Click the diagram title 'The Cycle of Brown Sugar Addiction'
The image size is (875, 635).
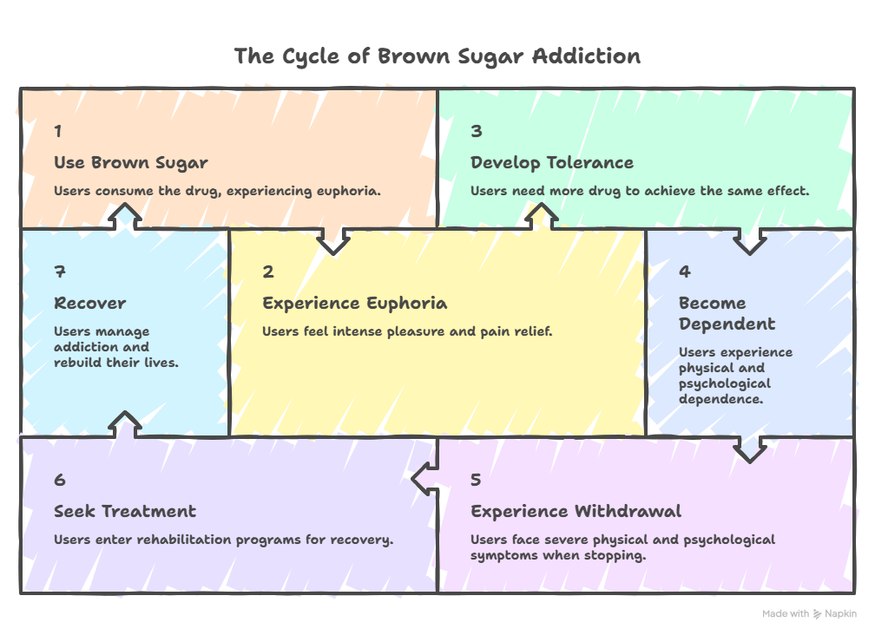[x=437, y=57]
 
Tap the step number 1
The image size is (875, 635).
[x=58, y=132]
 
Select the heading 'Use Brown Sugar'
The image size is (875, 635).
[x=131, y=163]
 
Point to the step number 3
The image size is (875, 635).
[x=476, y=132]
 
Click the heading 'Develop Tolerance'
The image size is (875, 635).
[x=552, y=163]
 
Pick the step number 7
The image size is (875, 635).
[x=59, y=272]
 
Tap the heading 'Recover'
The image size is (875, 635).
[x=90, y=304]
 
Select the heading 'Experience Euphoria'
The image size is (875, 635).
[x=355, y=304]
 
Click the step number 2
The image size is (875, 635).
[x=268, y=272]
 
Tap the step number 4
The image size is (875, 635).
[x=685, y=272]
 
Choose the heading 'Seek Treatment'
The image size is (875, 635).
[x=125, y=512]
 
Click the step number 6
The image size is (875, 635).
[x=59, y=481]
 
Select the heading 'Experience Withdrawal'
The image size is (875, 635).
[x=576, y=512]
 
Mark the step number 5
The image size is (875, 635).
[x=476, y=481]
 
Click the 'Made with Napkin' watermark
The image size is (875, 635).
[x=809, y=614]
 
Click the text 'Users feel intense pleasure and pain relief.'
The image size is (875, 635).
[x=407, y=332]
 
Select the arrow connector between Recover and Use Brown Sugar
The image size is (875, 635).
[x=127, y=215]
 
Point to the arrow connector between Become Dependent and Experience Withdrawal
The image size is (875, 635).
[x=751, y=448]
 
